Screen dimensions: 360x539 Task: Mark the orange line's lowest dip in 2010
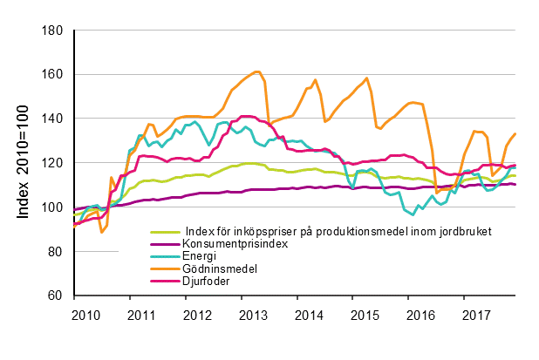pos(102,232)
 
